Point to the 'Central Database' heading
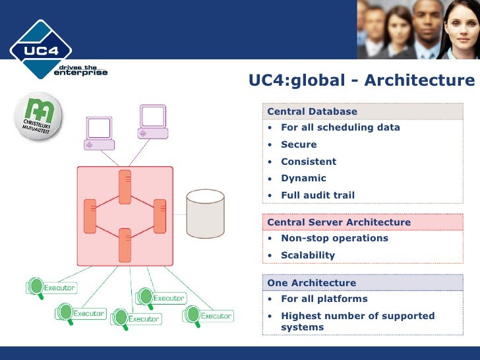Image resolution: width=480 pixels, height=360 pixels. click(x=312, y=111)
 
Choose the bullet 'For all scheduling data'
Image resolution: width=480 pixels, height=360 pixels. click(x=340, y=127)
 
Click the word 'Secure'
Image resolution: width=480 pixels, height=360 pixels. click(x=299, y=144)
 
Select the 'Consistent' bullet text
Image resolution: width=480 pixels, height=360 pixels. click(x=309, y=162)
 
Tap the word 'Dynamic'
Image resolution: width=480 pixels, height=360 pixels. click(x=303, y=178)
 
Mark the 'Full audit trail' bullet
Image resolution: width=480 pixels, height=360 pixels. click(x=318, y=195)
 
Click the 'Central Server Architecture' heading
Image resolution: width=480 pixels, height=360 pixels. click(x=339, y=222)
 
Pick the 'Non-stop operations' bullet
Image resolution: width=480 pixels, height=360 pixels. click(x=334, y=238)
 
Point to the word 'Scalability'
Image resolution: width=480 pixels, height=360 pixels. click(x=308, y=255)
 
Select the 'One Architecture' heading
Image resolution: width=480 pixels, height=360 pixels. click(x=311, y=283)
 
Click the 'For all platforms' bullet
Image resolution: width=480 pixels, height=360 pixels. click(x=324, y=299)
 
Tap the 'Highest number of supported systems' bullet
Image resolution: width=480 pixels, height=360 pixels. click(x=357, y=321)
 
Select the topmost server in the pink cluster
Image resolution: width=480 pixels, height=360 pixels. click(x=125, y=187)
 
